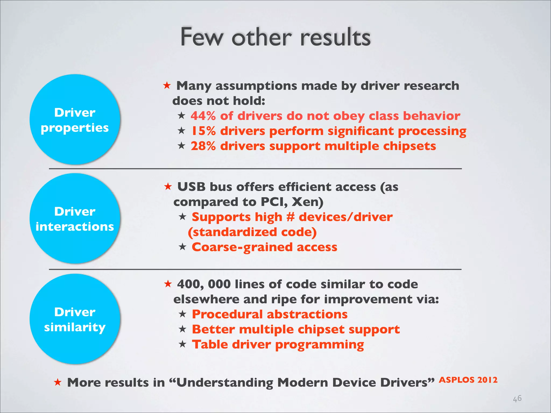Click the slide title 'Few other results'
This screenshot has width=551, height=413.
(x=275, y=37)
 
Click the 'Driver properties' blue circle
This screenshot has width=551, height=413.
(x=75, y=120)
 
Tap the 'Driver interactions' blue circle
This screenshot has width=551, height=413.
(x=75, y=219)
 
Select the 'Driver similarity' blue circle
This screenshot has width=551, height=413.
(x=75, y=319)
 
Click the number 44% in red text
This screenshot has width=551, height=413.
(x=203, y=116)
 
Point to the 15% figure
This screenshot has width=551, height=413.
(x=203, y=131)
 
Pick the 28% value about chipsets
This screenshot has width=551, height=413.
(x=203, y=146)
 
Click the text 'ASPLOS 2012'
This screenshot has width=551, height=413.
(x=468, y=380)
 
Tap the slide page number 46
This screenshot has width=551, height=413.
(x=517, y=398)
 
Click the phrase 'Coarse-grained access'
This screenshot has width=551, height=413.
(x=264, y=247)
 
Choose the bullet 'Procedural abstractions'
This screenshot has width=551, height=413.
(x=270, y=314)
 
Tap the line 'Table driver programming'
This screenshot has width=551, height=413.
(x=278, y=344)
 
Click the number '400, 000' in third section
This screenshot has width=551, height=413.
(x=204, y=284)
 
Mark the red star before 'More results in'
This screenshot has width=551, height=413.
(x=58, y=382)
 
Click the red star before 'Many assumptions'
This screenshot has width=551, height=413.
(x=167, y=86)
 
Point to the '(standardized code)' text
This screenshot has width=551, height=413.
(x=252, y=232)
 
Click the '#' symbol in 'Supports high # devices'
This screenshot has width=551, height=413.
(x=290, y=217)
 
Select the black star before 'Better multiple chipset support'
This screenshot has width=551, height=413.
(x=182, y=329)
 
